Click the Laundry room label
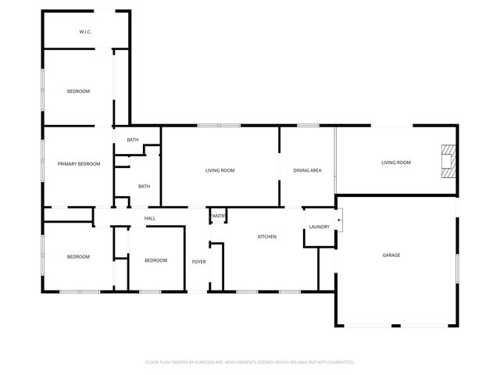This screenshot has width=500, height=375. pyautogui.click(x=319, y=227)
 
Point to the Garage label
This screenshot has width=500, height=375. pyautogui.click(x=391, y=255)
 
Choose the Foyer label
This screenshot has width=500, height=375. pyautogui.click(x=199, y=262)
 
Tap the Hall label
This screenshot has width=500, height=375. pyautogui.click(x=149, y=218)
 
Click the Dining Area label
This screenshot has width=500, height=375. pyautogui.click(x=307, y=170)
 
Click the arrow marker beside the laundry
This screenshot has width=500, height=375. pyautogui.click(x=338, y=222)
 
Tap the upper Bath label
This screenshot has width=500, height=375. pyautogui.click(x=133, y=140)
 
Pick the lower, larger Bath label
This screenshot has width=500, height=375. pyautogui.click(x=144, y=186)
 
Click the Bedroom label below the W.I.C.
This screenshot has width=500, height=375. pyautogui.click(x=78, y=91)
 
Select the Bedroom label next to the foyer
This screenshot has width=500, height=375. pyautogui.click(x=155, y=260)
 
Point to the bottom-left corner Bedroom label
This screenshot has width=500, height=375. pyautogui.click(x=78, y=257)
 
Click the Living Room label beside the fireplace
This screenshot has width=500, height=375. pyautogui.click(x=396, y=162)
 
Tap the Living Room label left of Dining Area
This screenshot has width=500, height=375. pyautogui.click(x=220, y=170)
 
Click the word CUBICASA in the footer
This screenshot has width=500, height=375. pyautogui.click(x=209, y=362)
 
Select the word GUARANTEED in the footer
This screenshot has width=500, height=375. pyautogui.click(x=338, y=362)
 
